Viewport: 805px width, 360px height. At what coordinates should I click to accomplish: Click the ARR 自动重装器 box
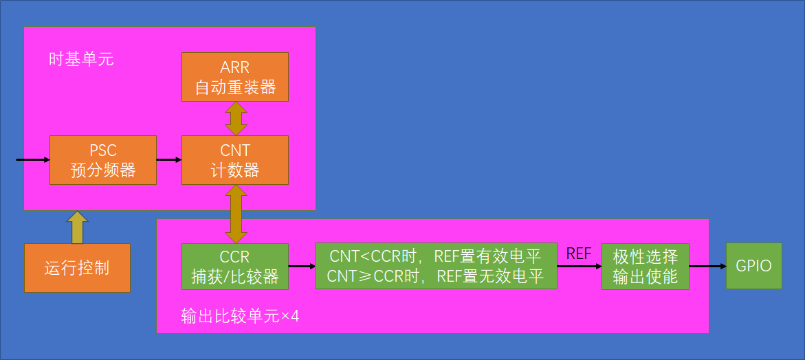(235, 77)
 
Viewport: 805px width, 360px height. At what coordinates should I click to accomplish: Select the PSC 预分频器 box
(103, 160)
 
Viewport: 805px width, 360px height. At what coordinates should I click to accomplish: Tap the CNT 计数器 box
(235, 160)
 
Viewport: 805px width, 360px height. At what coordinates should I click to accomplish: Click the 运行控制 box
(77, 268)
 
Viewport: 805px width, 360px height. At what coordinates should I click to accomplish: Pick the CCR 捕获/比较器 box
(235, 266)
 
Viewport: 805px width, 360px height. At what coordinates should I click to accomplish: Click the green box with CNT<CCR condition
(436, 266)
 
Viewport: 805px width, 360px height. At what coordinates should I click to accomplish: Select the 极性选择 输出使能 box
(646, 266)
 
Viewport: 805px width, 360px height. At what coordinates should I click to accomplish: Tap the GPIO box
(754, 266)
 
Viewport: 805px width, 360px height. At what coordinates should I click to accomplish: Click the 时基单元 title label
(81, 60)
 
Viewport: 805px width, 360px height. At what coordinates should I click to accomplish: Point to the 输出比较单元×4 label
(241, 316)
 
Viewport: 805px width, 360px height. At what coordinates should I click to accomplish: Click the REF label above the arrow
(579, 254)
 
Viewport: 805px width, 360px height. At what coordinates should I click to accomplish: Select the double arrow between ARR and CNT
(235, 118)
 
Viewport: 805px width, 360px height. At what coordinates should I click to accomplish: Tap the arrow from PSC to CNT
(169, 160)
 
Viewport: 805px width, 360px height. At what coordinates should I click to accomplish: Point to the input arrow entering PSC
(33, 160)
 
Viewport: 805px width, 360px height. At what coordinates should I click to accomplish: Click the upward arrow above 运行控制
(77, 227)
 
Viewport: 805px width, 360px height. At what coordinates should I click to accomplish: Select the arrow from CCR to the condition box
(302, 266)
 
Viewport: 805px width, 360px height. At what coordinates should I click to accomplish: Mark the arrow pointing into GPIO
(708, 266)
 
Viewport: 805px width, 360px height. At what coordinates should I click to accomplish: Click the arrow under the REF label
(580, 266)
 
